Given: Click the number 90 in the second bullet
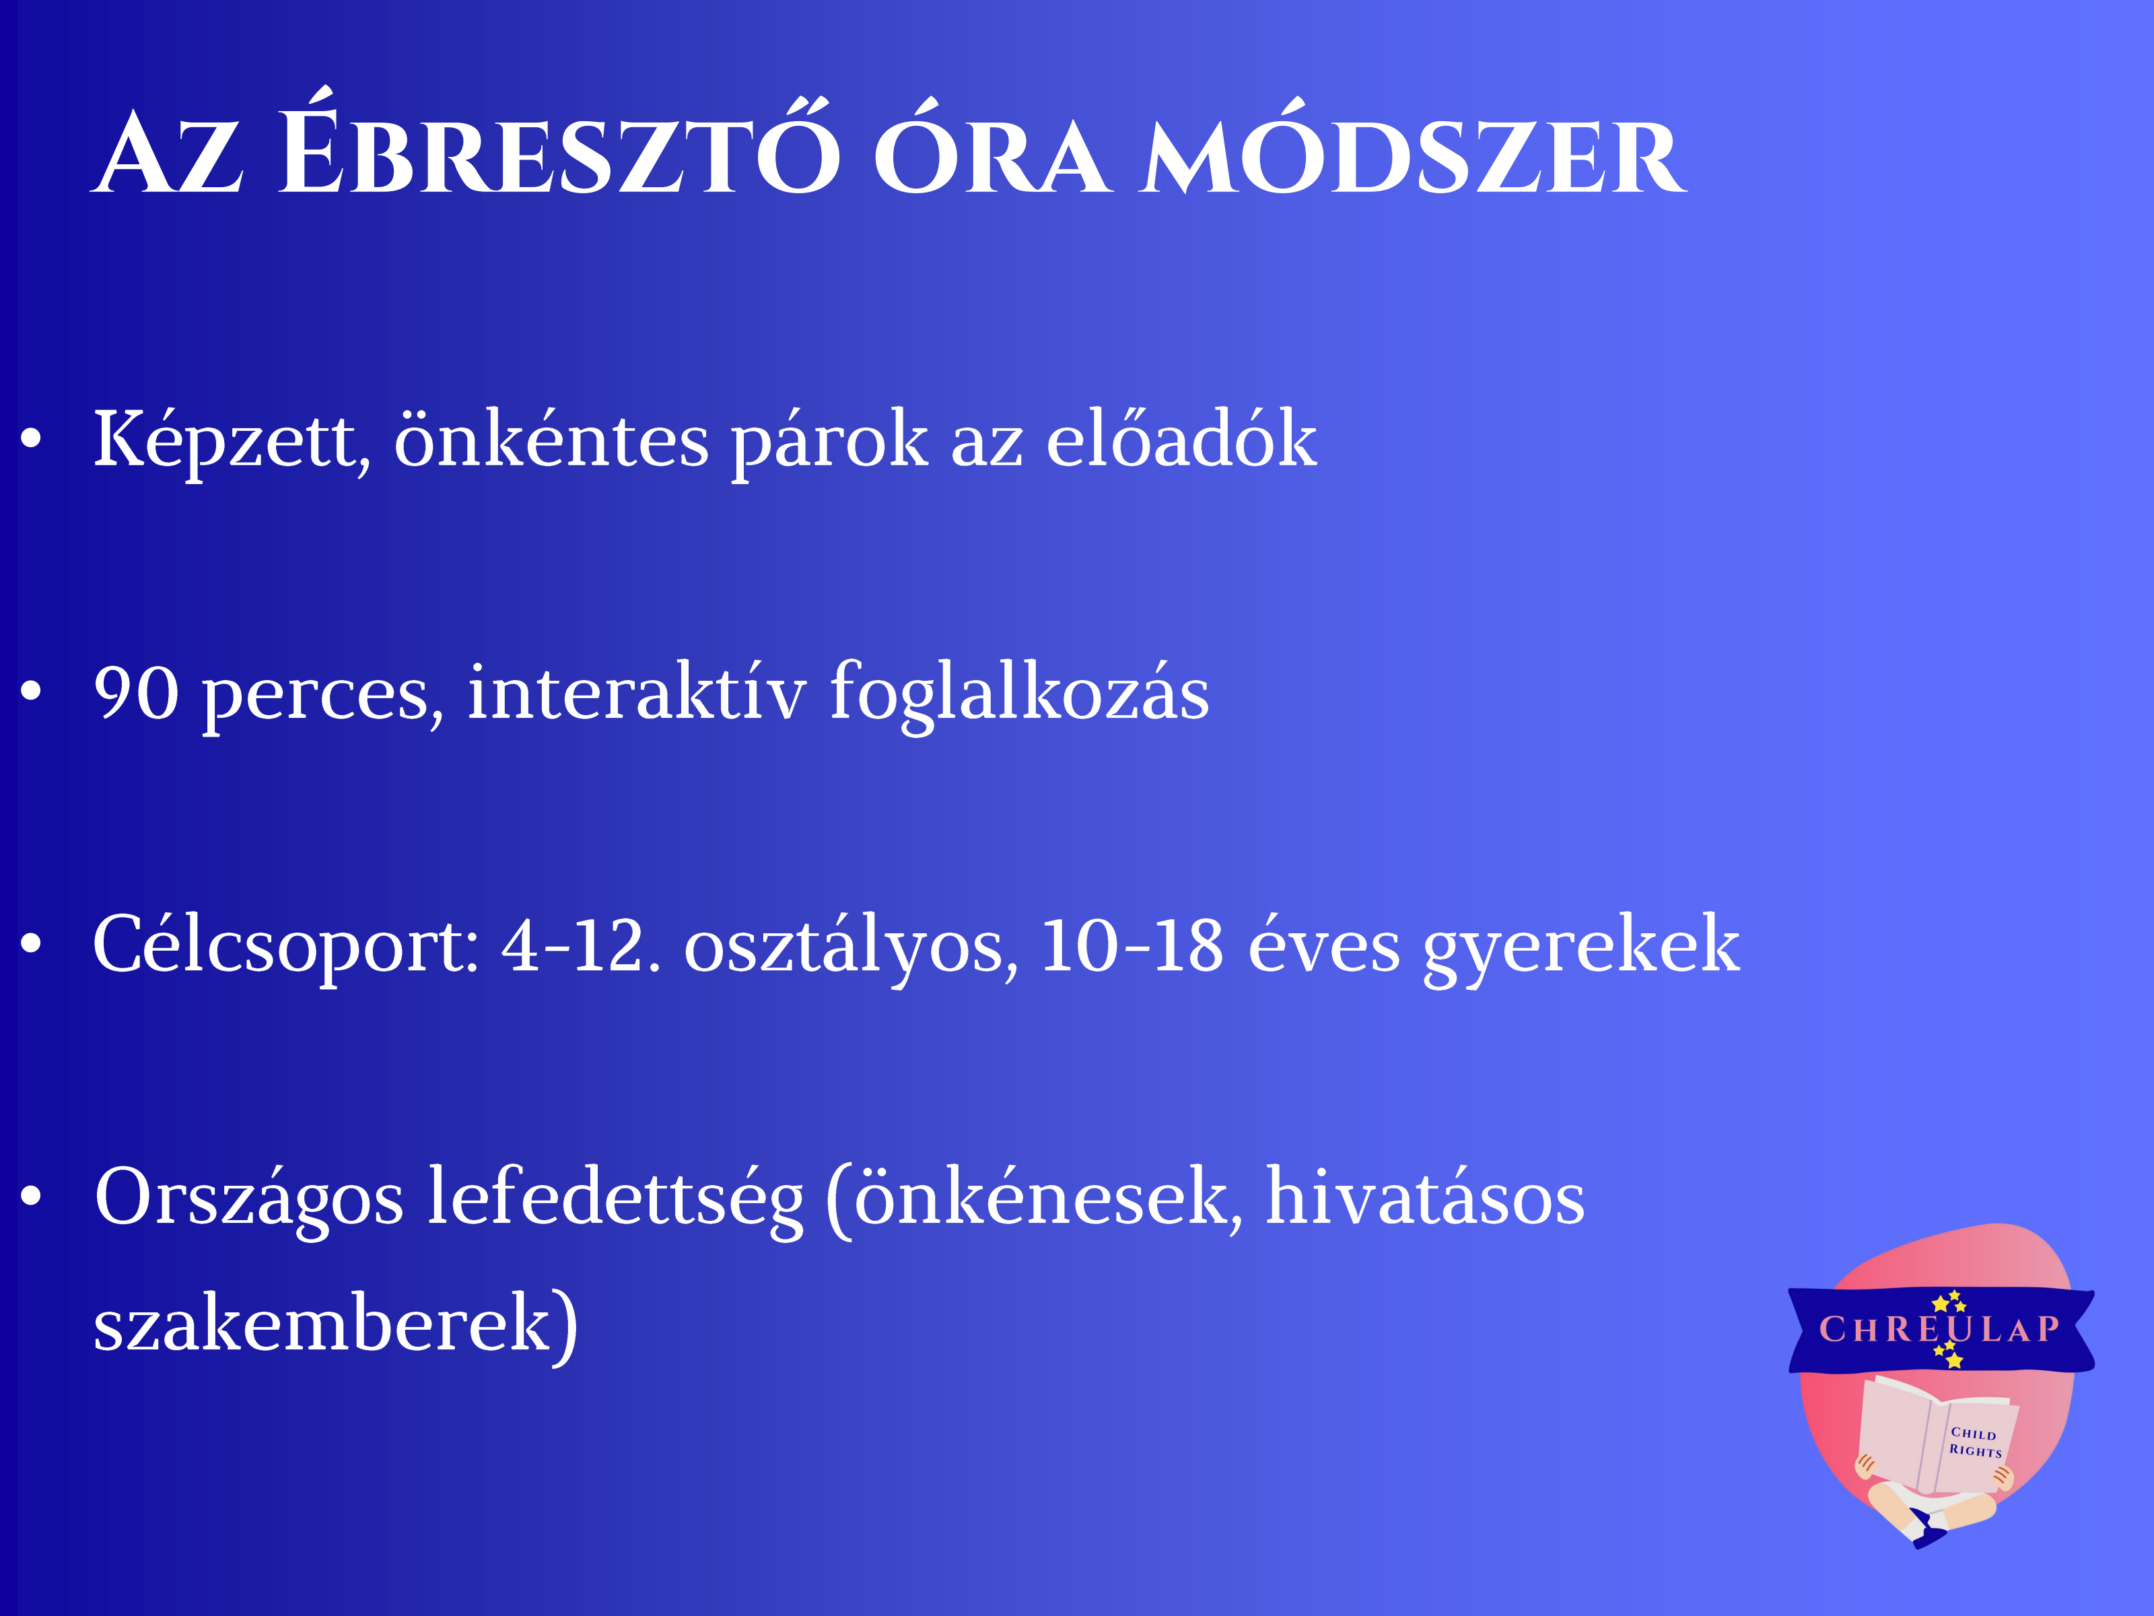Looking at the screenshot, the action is (x=137, y=694).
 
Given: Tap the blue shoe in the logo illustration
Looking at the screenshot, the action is (x=1928, y=1533).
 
